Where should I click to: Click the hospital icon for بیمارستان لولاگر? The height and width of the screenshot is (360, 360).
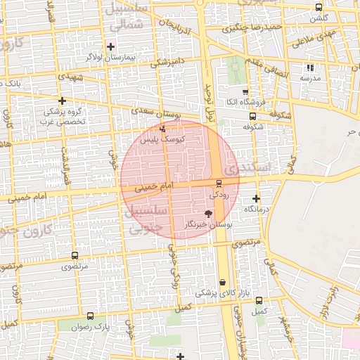(110, 46)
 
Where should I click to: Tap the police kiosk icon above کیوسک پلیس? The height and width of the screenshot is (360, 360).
(162, 129)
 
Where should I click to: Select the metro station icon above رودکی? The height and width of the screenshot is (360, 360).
(218, 183)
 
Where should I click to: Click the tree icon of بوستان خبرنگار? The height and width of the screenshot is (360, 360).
(208, 213)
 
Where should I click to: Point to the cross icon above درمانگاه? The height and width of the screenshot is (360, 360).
(256, 199)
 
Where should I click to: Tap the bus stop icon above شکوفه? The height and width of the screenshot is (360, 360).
(252, 117)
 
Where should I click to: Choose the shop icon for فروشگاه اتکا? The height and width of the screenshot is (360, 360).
(245, 92)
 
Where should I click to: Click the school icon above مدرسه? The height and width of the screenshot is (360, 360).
(309, 67)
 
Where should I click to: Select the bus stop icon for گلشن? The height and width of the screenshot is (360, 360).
(319, 7)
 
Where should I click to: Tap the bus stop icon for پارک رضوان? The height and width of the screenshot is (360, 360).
(89, 316)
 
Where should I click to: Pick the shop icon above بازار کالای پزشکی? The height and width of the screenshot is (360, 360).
(222, 282)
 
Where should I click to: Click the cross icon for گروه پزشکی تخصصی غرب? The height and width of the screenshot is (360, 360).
(62, 101)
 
